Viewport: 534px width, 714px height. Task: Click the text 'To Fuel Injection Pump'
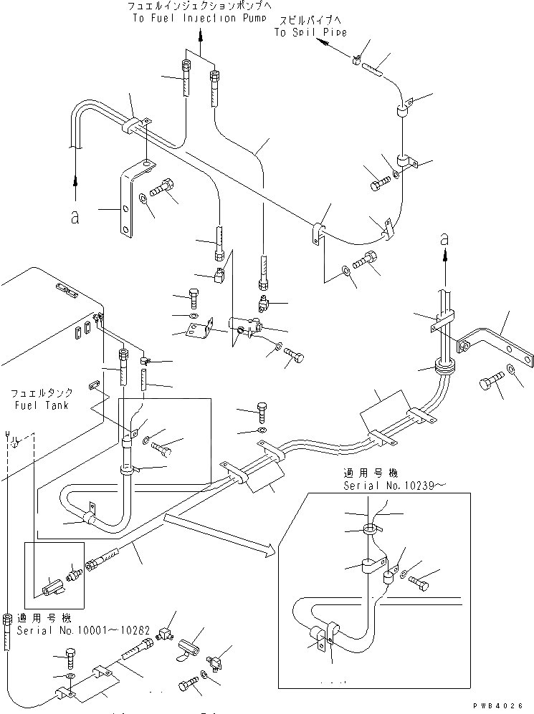coord(194,18)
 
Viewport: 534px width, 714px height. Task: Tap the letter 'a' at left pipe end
coord(75,218)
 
